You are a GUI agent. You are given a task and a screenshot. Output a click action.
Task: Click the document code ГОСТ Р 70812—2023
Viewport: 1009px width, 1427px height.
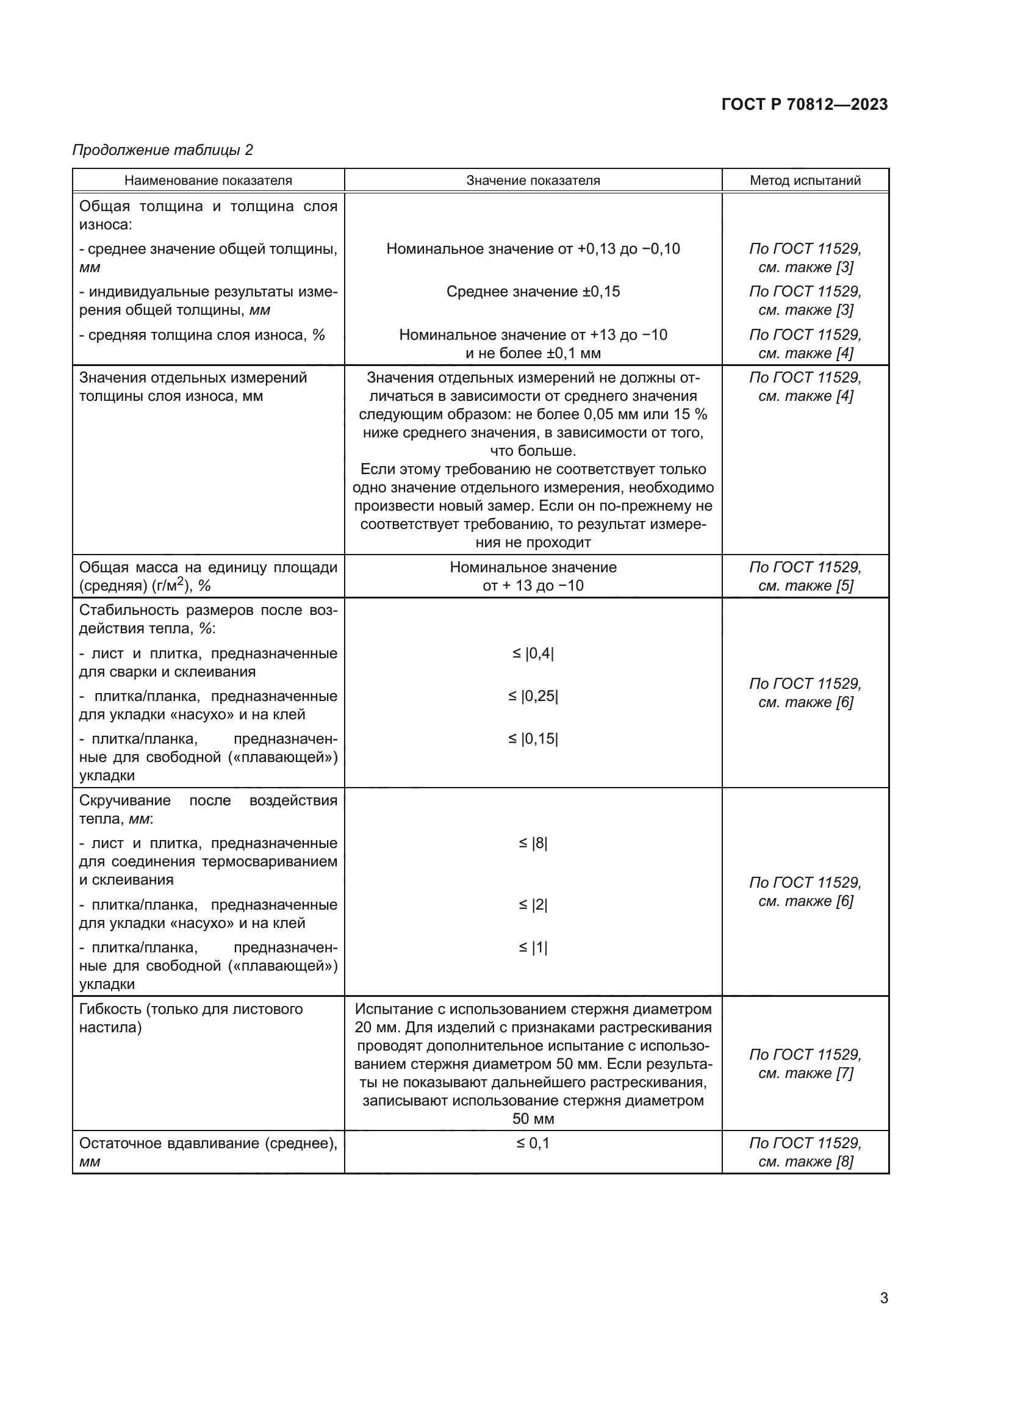coord(805,104)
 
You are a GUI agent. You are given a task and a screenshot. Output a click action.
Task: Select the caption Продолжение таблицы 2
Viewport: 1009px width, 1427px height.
coord(163,150)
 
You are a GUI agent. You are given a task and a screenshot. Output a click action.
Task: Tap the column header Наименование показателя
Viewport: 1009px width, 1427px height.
coord(208,181)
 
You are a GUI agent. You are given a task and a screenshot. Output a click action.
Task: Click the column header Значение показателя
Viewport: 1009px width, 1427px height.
coord(533,181)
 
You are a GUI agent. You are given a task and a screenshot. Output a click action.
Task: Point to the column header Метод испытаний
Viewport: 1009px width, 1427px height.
coord(805,181)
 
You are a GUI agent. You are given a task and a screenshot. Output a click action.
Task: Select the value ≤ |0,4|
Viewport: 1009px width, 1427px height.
coord(533,653)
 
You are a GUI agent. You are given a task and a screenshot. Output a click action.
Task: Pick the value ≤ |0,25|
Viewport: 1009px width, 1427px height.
coord(533,696)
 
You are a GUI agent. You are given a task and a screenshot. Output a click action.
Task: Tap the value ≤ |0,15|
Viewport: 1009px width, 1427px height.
coord(533,739)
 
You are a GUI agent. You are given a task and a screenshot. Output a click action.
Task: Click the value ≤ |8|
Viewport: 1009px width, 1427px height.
coord(533,843)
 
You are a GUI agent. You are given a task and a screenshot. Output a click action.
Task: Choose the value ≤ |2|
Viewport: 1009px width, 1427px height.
coord(533,905)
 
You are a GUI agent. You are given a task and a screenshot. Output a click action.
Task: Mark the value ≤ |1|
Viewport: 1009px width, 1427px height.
coord(533,948)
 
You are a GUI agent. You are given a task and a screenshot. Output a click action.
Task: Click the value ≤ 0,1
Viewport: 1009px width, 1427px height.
coord(533,1143)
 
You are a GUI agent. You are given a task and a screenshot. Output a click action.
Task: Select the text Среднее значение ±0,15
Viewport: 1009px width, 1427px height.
coord(533,292)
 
